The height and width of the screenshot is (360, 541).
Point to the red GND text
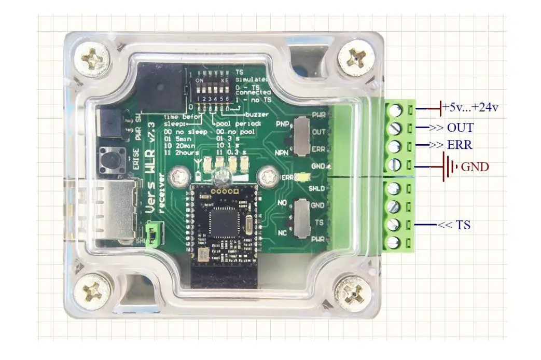pyautogui.click(x=475, y=167)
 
